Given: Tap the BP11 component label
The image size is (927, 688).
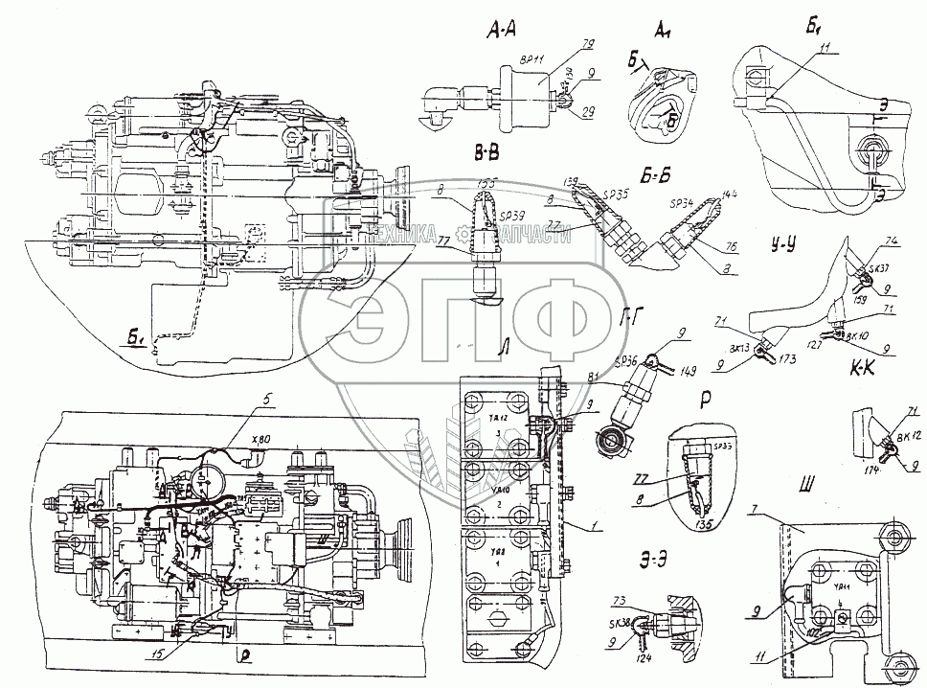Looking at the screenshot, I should click(531, 58).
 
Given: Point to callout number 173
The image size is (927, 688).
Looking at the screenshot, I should click(787, 359).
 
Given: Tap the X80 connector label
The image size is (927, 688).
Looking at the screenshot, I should click(259, 439).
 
